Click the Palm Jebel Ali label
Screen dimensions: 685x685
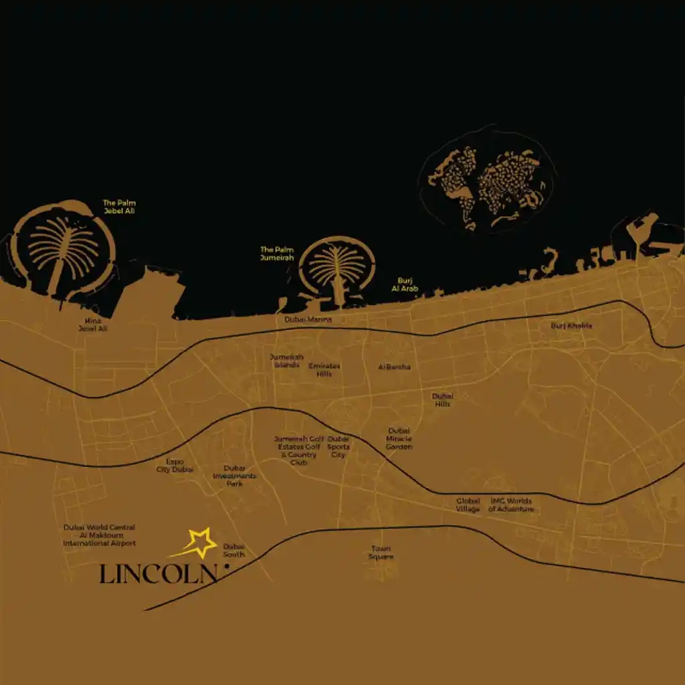tap(119, 206)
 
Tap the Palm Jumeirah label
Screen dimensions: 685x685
tap(277, 254)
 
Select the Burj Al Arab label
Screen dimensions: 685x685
tap(404, 284)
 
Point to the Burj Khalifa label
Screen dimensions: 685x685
tap(571, 326)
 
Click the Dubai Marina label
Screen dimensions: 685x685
tap(308, 320)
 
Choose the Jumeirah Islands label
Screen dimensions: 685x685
tap(286, 361)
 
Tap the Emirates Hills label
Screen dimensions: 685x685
tap(324, 370)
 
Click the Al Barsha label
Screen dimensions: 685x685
tap(394, 367)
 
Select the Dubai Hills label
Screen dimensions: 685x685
tap(442, 400)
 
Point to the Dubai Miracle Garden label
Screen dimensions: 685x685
tap(399, 439)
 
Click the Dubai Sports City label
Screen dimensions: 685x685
tap(338, 447)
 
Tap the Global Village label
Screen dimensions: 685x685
tap(468, 505)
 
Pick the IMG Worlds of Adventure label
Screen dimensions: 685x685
tap(511, 505)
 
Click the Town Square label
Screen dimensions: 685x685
tap(381, 553)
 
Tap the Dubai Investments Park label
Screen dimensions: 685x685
tap(234, 476)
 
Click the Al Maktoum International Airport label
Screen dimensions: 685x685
tap(99, 535)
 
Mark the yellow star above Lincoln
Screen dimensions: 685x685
tap(199, 543)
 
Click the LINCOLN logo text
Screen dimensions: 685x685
tap(159, 574)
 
